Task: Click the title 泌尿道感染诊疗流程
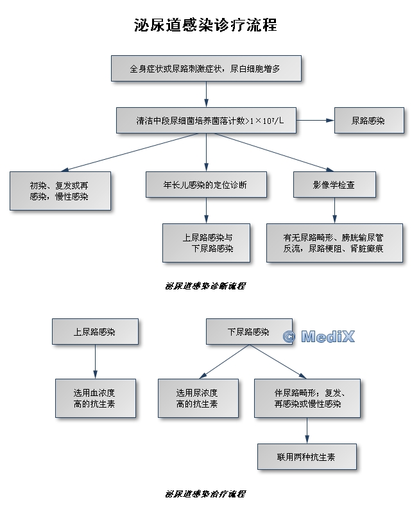point(205,26)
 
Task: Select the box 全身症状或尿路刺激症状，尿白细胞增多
point(205,69)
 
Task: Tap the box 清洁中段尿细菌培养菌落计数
point(206,120)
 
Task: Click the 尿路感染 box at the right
point(369,120)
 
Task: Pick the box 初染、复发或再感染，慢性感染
point(60,191)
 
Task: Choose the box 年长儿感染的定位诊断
point(206,185)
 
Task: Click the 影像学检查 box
point(334,185)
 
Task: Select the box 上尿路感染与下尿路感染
point(206,243)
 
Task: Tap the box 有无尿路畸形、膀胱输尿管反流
point(334,243)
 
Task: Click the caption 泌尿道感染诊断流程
point(205,286)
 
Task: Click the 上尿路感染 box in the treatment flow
point(95,332)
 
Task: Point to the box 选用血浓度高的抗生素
point(95,398)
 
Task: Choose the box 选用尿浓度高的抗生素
point(198,398)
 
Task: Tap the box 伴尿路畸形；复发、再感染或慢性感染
point(307,398)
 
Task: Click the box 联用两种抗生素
point(307,456)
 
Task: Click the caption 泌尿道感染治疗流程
point(205,494)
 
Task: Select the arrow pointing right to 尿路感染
point(315,120)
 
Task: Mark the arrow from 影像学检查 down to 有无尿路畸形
point(334,210)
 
